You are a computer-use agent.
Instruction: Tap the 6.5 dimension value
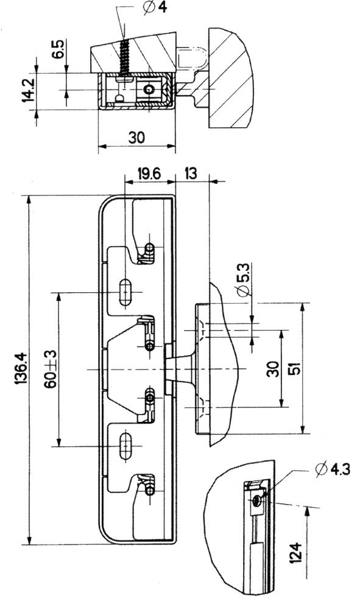(x=60, y=48)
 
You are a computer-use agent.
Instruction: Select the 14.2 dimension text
(x=28, y=90)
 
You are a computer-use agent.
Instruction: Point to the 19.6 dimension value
(x=149, y=174)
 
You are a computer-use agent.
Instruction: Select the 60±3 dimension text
(x=51, y=369)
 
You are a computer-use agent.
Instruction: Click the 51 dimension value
(x=295, y=369)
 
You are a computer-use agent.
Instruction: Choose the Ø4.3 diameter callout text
(x=333, y=469)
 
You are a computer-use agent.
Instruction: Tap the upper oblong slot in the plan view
(x=124, y=293)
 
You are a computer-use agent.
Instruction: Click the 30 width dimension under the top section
(x=137, y=137)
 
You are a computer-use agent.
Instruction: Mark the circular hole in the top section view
(x=148, y=90)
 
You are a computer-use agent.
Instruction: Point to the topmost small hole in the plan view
(x=150, y=247)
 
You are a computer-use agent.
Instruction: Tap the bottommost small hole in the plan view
(x=150, y=491)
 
